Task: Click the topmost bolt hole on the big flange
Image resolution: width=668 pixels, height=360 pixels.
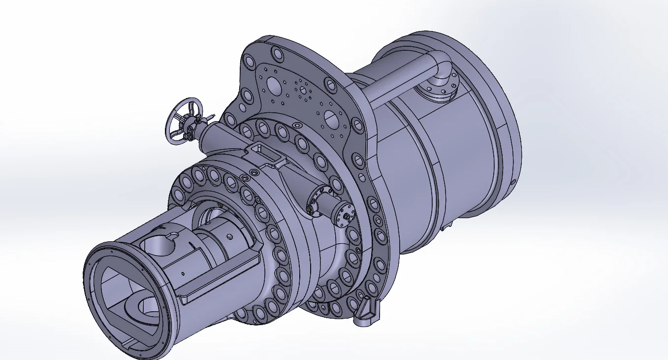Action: (x=277, y=53)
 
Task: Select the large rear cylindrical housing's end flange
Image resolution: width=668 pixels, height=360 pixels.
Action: (x=497, y=123)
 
